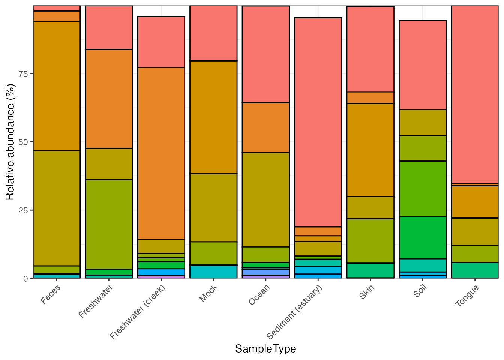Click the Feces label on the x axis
(x=51, y=295)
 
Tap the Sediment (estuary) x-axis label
(x=294, y=312)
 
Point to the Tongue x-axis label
(x=466, y=295)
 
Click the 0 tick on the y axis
(x=25, y=279)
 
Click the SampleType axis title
(x=265, y=349)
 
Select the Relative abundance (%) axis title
(x=10, y=142)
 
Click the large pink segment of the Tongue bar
(x=475, y=94)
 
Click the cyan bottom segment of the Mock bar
(x=213, y=271)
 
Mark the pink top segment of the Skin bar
(x=370, y=49)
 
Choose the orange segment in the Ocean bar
(x=265, y=127)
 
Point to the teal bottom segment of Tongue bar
(x=475, y=270)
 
